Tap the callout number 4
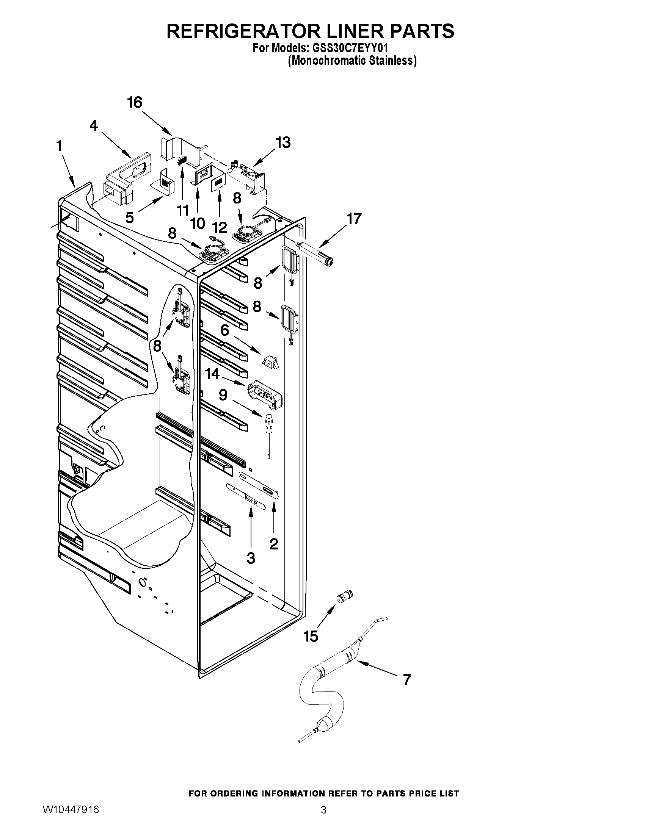pyautogui.click(x=94, y=126)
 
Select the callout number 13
pyautogui.click(x=283, y=142)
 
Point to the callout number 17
pyautogui.click(x=353, y=219)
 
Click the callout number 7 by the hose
pyautogui.click(x=407, y=680)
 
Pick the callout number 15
pyautogui.click(x=311, y=637)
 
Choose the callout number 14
pyautogui.click(x=212, y=374)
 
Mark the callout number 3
pyautogui.click(x=251, y=558)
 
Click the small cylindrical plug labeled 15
pyautogui.click(x=344, y=596)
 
